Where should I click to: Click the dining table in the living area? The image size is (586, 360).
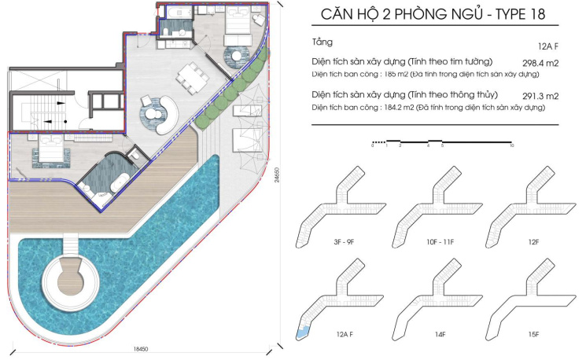[193, 78]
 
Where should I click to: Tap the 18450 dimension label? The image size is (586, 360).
[141, 349]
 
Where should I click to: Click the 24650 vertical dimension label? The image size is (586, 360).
[276, 174]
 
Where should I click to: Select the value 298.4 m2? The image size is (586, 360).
[540, 63]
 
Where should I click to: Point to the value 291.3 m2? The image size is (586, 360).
[540, 97]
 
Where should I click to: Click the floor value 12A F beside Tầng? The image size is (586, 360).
[548, 46]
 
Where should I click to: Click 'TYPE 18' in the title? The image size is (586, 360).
[521, 14]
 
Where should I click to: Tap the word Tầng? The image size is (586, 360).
[322, 42]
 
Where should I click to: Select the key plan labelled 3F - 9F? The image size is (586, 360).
[341, 207]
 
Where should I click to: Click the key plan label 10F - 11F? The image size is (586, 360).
[440, 242]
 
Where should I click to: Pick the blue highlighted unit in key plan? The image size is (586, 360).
[303, 332]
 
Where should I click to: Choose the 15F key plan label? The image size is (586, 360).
[533, 334]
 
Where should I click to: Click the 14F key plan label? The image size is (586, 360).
[440, 334]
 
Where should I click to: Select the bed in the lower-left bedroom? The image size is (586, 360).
[51, 149]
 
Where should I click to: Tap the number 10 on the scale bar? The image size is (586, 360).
[511, 145]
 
